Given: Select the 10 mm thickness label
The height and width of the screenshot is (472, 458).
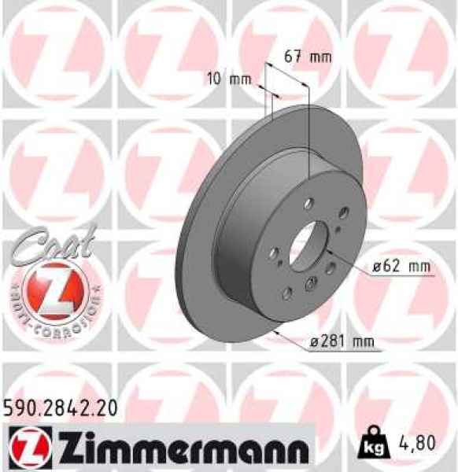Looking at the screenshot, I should pyautogui.click(x=224, y=79).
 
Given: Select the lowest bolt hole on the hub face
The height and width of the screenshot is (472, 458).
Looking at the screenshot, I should pyautogui.click(x=286, y=293).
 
